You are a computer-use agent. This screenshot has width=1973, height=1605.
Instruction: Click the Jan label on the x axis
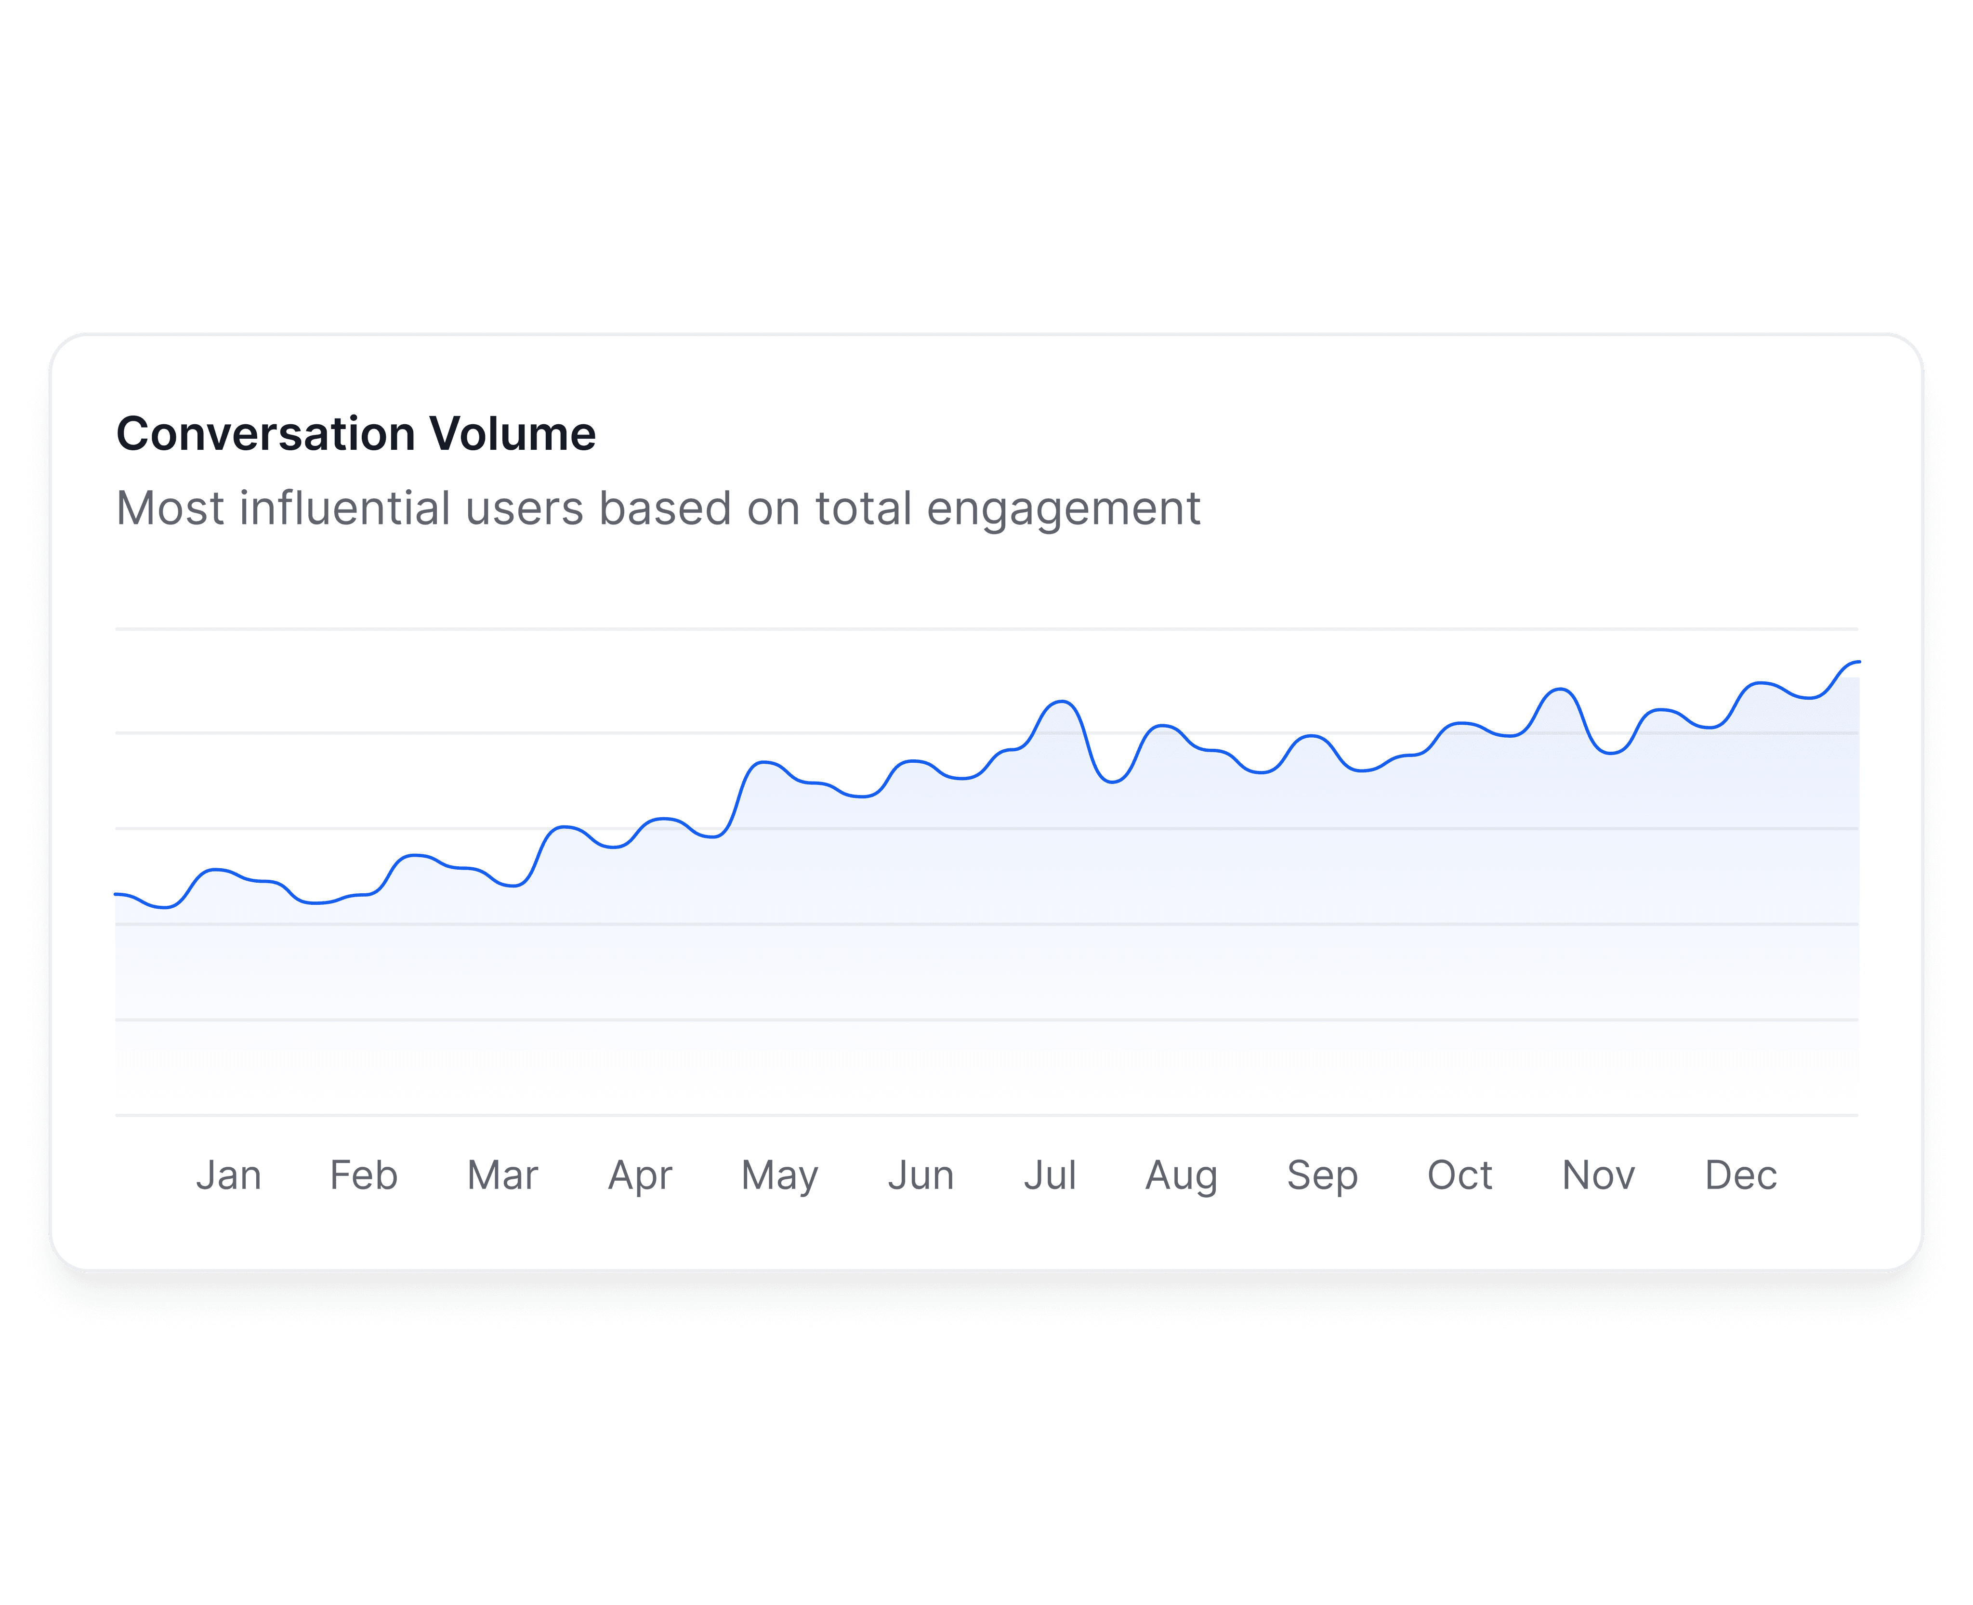[x=228, y=1175]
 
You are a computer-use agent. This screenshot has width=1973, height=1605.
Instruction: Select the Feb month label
[x=363, y=1175]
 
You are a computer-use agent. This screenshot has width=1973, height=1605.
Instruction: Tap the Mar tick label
[x=502, y=1175]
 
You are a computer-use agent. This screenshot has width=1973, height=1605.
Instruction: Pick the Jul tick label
[x=1050, y=1175]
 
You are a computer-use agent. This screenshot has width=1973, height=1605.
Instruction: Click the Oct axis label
[x=1460, y=1175]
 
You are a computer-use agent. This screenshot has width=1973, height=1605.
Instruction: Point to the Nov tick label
[x=1599, y=1175]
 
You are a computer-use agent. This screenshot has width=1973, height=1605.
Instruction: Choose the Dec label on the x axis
[x=1741, y=1175]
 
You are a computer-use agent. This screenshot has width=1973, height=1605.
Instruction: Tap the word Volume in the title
[x=512, y=433]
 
